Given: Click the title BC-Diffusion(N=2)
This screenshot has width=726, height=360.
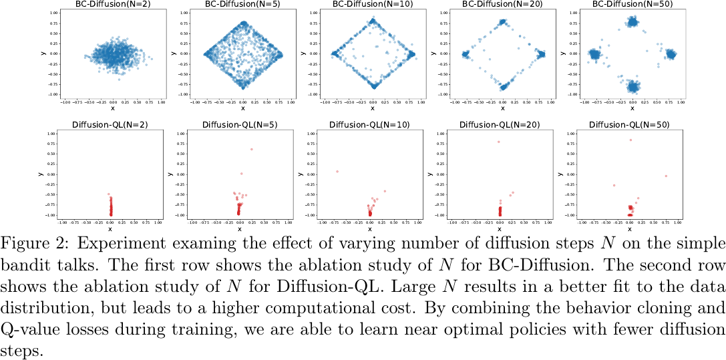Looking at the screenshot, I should [112, 5].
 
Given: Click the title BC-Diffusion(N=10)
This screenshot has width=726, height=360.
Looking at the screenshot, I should [373, 5].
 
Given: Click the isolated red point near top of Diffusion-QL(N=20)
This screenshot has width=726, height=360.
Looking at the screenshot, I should [498, 142].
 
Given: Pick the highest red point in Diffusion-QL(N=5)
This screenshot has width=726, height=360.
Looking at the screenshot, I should [251, 149].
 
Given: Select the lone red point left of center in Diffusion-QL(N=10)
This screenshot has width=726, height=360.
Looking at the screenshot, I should [337, 172].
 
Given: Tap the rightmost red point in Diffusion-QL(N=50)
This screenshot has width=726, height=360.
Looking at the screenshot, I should [666, 176].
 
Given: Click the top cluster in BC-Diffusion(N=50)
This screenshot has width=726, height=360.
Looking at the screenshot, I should [632, 22].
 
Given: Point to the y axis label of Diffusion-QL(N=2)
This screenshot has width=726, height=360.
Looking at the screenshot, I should [39, 175].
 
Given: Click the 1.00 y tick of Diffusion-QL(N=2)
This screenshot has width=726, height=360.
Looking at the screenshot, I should [51, 134].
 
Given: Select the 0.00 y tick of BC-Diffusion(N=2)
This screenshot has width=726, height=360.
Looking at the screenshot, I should [51, 54].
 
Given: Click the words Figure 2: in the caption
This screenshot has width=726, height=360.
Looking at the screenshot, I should [27, 241].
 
